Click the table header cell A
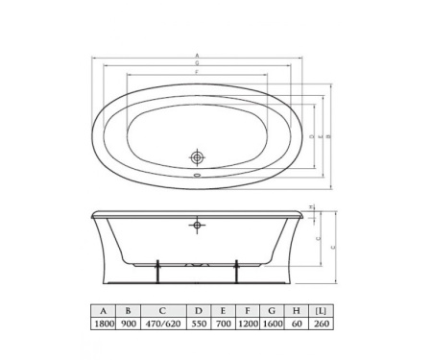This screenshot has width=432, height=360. [x=102, y=311]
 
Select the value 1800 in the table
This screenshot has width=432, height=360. [x=102, y=324]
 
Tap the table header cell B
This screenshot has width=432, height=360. [x=128, y=311]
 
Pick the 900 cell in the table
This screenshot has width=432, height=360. [x=128, y=324]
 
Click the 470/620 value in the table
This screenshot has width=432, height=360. [x=163, y=324]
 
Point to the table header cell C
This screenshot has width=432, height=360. [x=163, y=311]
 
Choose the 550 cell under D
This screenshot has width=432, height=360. [x=199, y=324]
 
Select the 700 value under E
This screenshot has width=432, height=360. [x=223, y=324]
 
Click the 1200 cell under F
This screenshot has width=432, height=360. [x=248, y=324]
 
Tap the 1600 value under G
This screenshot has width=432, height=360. [x=275, y=324]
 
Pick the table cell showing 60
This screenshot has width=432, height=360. [x=299, y=324]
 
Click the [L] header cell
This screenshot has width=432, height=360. [x=321, y=311]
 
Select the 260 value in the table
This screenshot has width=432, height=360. [x=321, y=324]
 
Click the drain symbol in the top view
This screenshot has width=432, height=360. [x=197, y=156]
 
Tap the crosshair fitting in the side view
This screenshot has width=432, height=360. [x=197, y=227]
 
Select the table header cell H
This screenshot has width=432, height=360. [x=299, y=311]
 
